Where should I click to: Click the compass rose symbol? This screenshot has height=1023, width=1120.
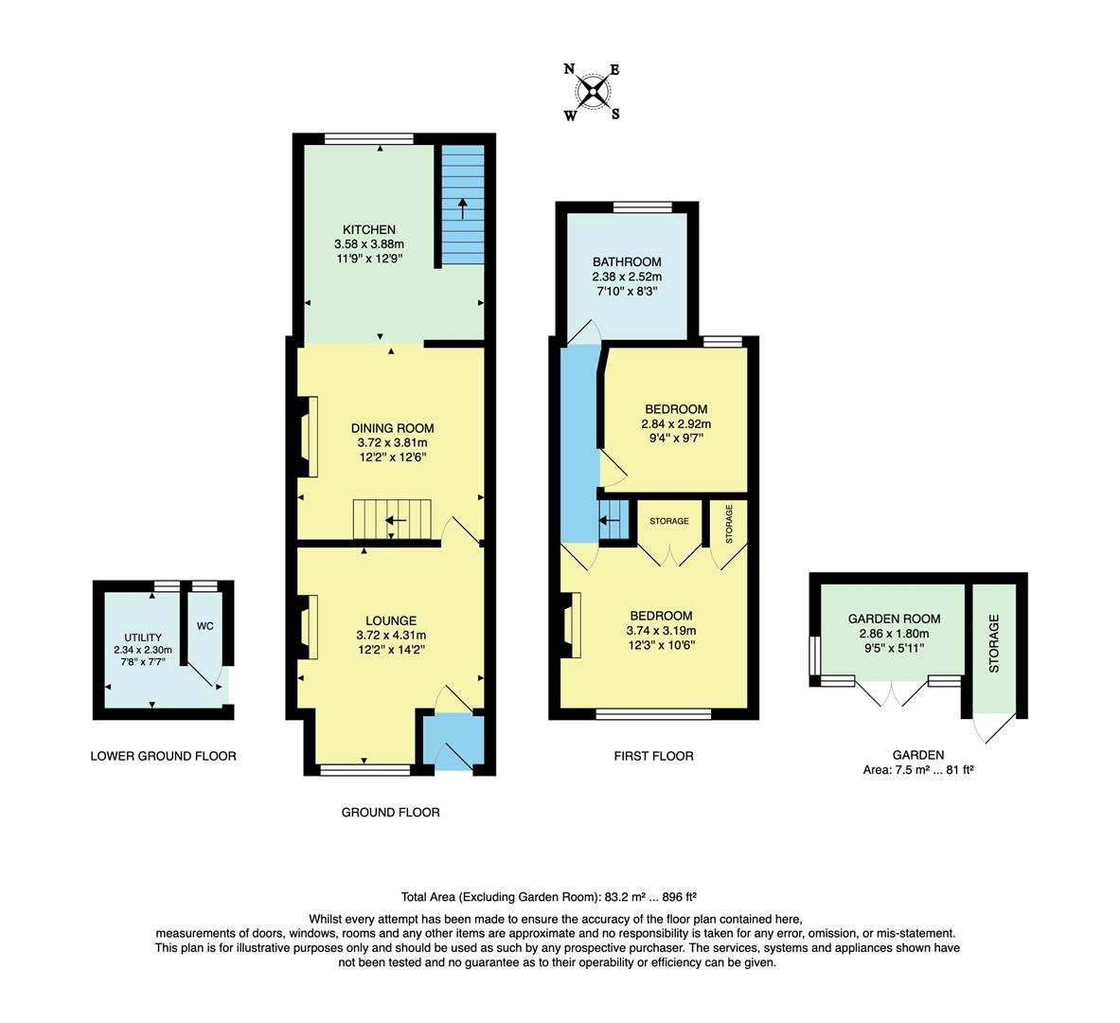click(x=593, y=92)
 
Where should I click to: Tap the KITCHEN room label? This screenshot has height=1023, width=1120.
click(x=369, y=230)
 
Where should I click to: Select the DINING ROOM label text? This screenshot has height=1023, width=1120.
click(x=392, y=428)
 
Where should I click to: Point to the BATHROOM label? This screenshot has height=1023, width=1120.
click(x=627, y=262)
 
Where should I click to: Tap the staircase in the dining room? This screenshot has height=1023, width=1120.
click(x=392, y=520)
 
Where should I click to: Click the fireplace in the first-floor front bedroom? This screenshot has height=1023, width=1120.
click(x=571, y=624)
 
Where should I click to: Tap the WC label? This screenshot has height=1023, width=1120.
click(x=205, y=626)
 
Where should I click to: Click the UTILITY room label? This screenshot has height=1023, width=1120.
click(x=143, y=637)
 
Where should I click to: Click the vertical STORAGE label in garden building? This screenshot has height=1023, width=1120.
click(x=994, y=643)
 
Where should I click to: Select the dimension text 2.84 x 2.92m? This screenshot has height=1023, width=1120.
click(x=676, y=423)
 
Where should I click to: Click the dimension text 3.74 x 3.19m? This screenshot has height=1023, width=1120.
click(x=661, y=631)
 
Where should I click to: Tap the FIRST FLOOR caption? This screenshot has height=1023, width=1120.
click(x=653, y=756)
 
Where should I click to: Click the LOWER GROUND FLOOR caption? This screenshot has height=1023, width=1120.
click(x=163, y=756)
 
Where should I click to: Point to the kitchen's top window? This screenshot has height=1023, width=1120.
click(x=368, y=139)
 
